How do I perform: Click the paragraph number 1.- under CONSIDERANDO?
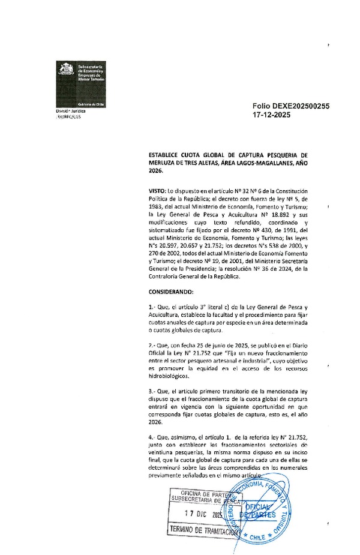coord(152,307)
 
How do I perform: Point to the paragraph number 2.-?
coord(152,347)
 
